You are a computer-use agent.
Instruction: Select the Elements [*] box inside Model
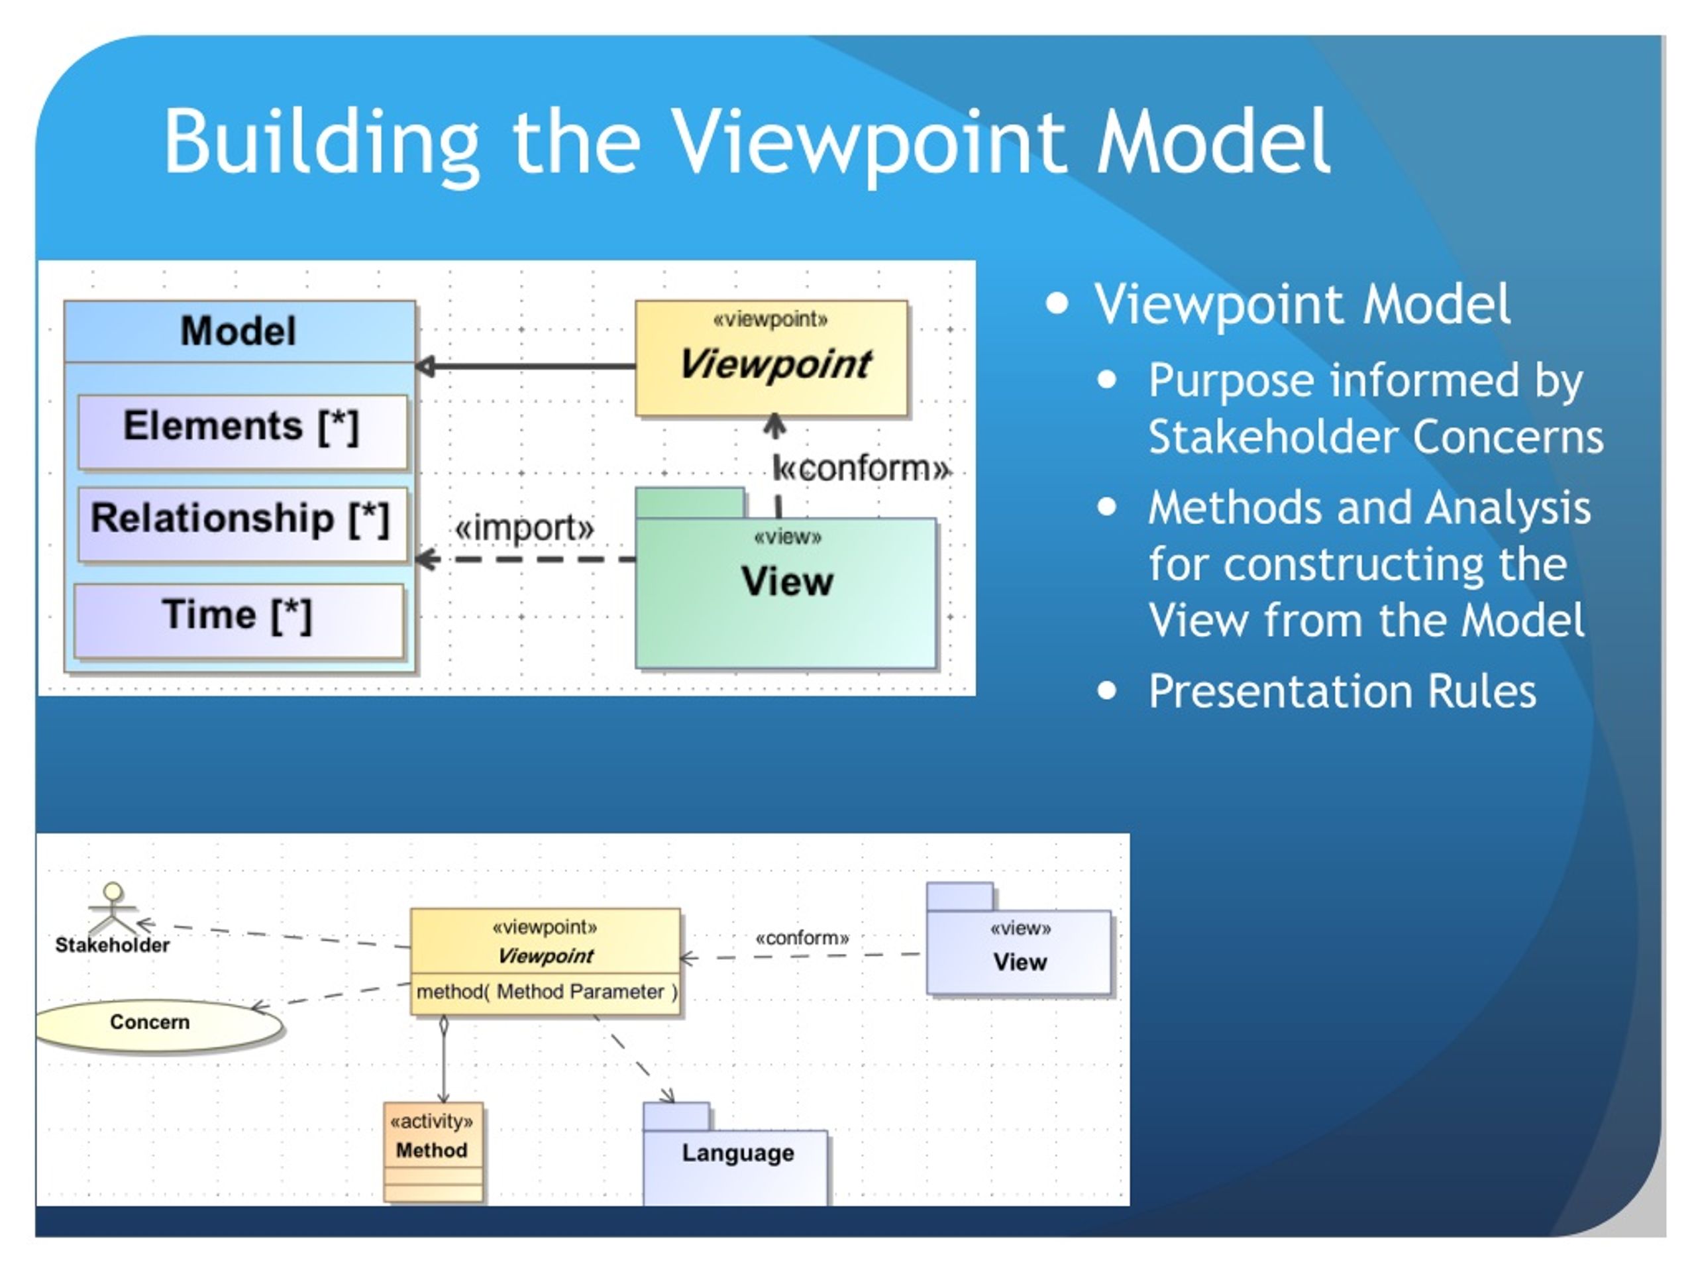click(x=243, y=432)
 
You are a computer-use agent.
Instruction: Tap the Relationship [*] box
click(x=243, y=525)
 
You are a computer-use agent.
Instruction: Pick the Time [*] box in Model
click(x=238, y=620)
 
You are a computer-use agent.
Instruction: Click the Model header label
click(x=238, y=331)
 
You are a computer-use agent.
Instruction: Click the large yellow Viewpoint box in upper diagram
click(x=771, y=358)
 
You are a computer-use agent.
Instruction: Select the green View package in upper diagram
click(x=786, y=579)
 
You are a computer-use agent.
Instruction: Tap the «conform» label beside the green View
click(x=862, y=468)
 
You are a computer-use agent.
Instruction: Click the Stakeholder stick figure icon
click(x=113, y=908)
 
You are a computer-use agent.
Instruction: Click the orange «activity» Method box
click(x=433, y=1151)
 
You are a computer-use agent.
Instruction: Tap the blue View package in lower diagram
click(x=1019, y=941)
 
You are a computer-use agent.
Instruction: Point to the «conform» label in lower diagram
click(x=803, y=937)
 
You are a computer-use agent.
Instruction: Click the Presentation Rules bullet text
click(x=1342, y=692)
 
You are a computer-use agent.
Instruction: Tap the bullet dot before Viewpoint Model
click(x=1057, y=303)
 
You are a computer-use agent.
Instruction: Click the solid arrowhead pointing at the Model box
click(x=425, y=366)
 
